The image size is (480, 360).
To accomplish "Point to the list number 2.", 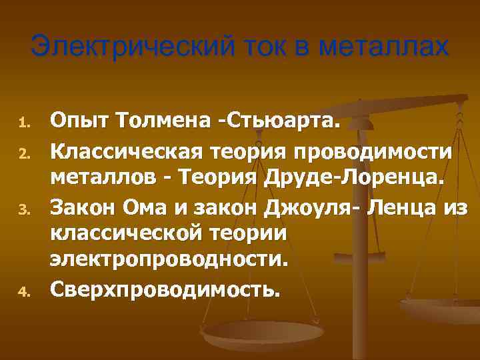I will click(x=21, y=153).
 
